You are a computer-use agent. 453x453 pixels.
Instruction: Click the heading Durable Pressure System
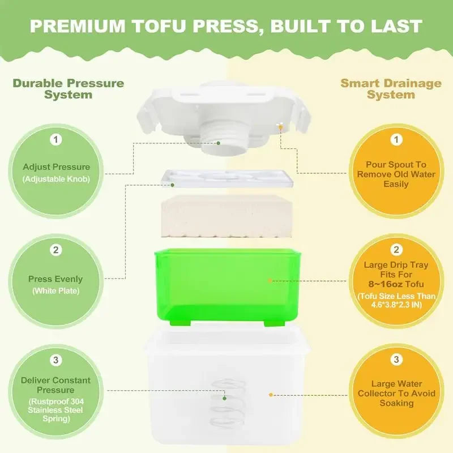tap(68, 89)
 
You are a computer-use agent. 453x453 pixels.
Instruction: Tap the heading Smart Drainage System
tap(391, 89)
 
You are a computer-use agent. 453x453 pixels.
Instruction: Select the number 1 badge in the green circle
tap(56, 139)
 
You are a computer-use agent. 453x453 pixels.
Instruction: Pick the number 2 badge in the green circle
tap(56, 250)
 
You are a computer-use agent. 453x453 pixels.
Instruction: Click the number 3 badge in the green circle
tap(56, 360)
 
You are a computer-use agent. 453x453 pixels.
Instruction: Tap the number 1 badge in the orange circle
tap(396, 139)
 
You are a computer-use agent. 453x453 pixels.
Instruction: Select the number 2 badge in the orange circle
tap(396, 250)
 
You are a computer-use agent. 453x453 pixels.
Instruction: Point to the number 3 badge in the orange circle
tap(396, 360)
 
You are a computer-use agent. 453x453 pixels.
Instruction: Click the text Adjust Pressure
tap(56, 167)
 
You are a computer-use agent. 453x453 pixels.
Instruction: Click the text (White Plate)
tap(56, 291)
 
